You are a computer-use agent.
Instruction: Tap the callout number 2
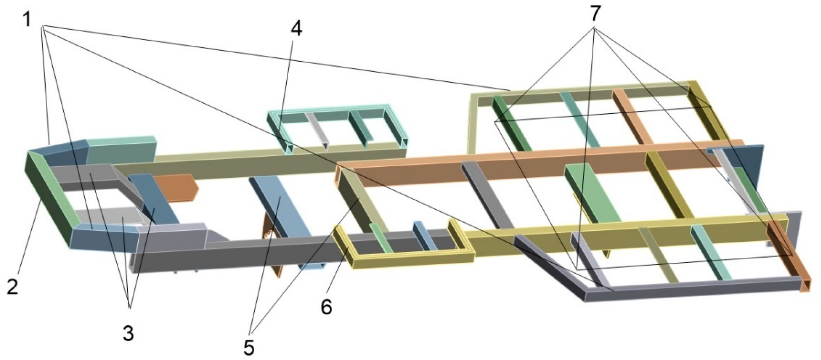tap(12, 287)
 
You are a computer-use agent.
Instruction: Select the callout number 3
tap(128, 333)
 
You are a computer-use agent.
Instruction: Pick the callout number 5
tap(248, 347)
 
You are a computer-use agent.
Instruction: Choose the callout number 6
tap(326, 307)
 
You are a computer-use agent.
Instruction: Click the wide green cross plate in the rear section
tap(592, 193)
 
